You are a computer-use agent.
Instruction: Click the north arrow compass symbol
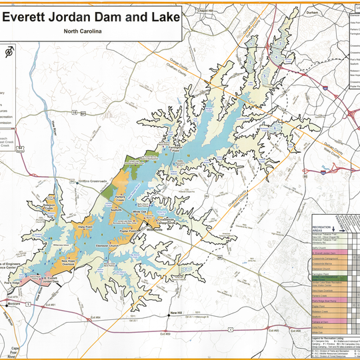click(9, 52)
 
